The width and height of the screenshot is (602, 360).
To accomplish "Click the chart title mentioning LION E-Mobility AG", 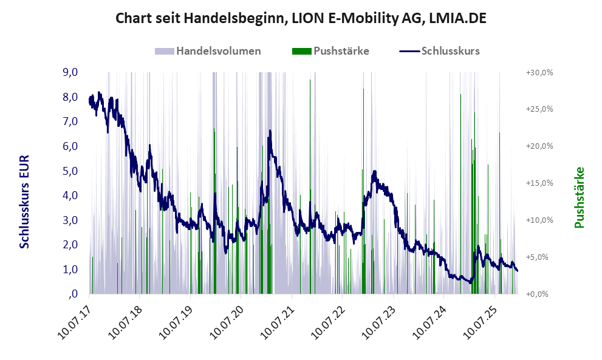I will (x=301, y=19).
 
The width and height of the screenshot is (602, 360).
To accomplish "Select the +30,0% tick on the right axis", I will (x=539, y=72).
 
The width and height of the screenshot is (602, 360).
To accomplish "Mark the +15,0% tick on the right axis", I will (x=539, y=183).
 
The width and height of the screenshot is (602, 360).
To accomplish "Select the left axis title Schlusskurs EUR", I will (x=25, y=201).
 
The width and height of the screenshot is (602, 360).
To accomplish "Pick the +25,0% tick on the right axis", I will (x=539, y=109).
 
